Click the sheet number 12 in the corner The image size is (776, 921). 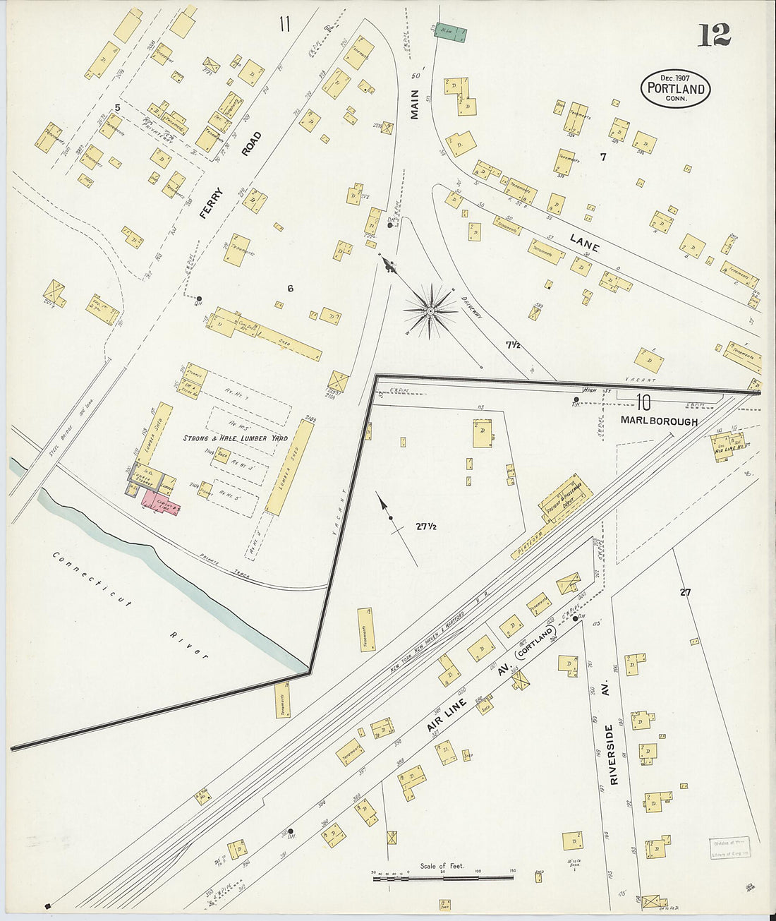tap(714, 35)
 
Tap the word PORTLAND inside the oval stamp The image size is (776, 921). tap(675, 89)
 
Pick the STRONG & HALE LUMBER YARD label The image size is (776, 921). tap(235, 438)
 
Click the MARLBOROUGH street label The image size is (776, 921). tap(659, 421)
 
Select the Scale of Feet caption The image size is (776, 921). tap(442, 866)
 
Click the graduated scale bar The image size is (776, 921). tap(442, 877)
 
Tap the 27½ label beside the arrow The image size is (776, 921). tap(427, 526)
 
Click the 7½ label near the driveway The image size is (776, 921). tap(513, 345)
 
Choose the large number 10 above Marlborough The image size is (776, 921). tap(642, 402)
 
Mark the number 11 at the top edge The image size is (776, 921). tap(284, 25)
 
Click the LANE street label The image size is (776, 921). tap(585, 243)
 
